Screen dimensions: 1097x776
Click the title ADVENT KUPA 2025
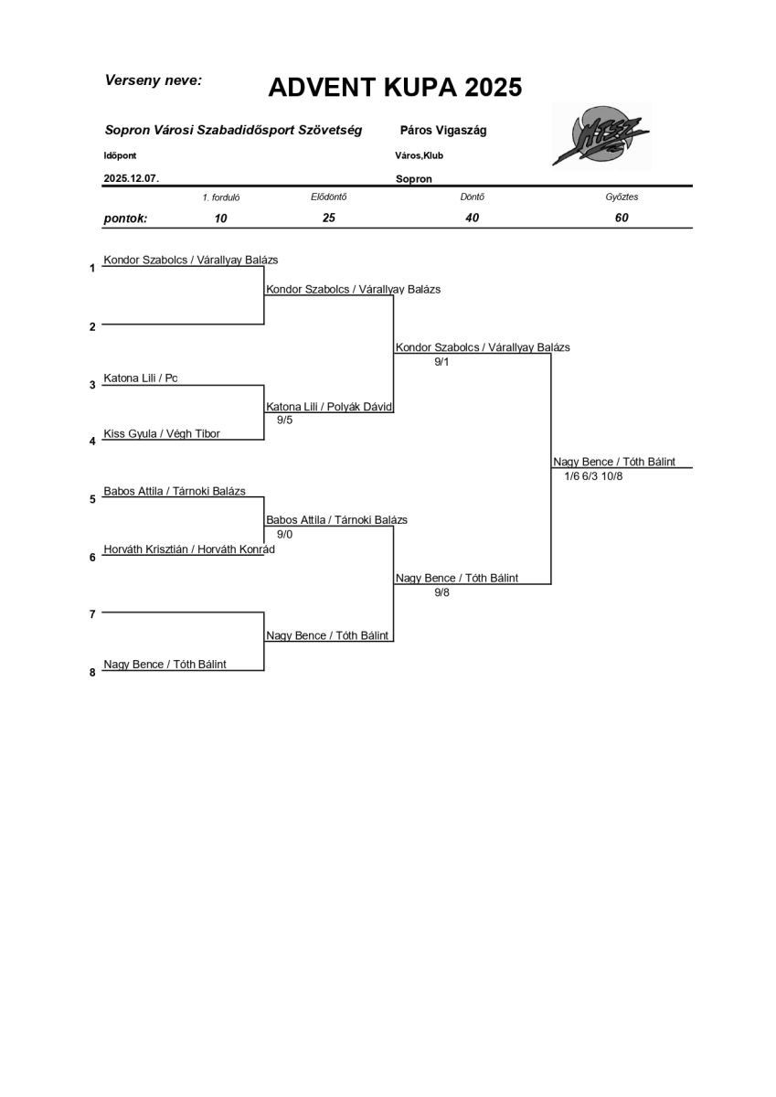pos(395,88)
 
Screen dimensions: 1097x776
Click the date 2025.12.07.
pos(132,179)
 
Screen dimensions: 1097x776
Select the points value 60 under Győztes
pos(622,218)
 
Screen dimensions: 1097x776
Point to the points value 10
pos(220,218)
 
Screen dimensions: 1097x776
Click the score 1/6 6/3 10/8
pos(593,476)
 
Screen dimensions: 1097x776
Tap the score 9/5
pos(284,421)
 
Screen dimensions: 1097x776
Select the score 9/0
pos(284,534)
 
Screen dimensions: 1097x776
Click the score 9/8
pos(442,592)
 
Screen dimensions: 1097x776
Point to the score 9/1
pos(442,362)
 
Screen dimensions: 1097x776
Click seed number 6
pos(92,557)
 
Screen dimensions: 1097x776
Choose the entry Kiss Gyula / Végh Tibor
pos(162,433)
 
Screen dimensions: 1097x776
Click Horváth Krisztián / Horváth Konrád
pos(189,549)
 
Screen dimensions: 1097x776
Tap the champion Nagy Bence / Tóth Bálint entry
pos(614,462)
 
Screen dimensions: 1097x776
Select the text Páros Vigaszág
pos(443,131)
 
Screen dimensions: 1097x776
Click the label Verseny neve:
pos(154,80)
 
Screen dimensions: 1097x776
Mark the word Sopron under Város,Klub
pos(414,179)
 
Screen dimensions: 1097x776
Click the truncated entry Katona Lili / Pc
pos(141,378)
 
